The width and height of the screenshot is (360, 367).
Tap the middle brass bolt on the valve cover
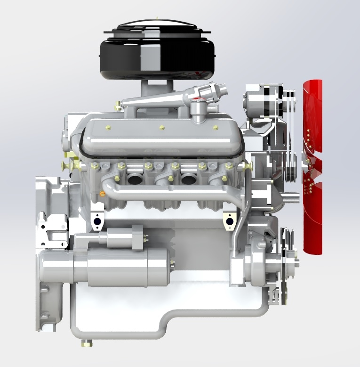pos(162,127)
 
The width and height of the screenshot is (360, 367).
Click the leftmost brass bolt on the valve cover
pos(108,127)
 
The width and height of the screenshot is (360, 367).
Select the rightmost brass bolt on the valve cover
pos(216,127)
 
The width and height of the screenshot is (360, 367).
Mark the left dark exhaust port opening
pos(134,179)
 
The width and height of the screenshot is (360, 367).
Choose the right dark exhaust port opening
pos(189,179)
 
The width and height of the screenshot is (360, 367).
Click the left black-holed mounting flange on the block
pos(97,221)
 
